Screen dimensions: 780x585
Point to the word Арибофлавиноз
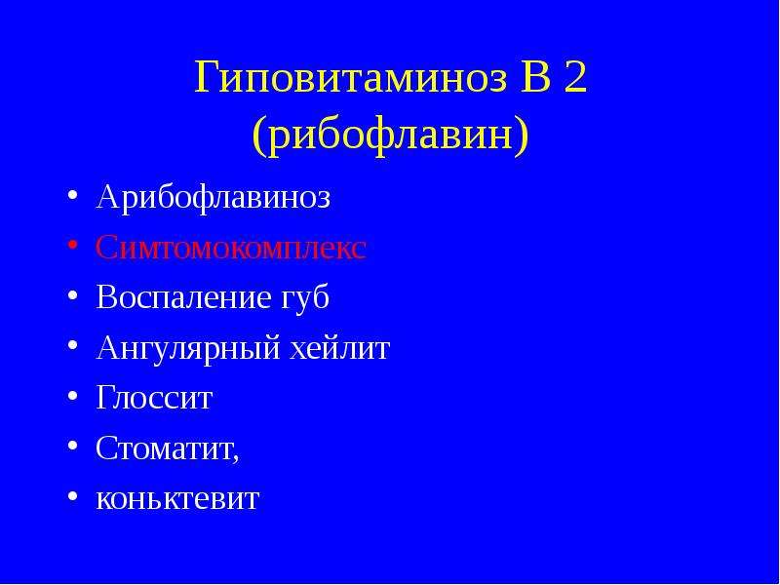point(214,198)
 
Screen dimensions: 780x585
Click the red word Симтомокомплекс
point(231,248)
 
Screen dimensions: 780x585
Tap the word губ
point(301,298)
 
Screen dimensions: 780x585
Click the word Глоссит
point(154,398)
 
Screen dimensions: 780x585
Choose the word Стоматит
point(164,448)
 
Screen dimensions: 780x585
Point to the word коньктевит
point(177,498)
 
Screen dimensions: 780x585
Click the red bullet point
point(72,246)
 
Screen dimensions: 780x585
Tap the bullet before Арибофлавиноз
point(72,196)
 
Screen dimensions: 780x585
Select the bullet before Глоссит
point(72,396)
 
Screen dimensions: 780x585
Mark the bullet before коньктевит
point(72,496)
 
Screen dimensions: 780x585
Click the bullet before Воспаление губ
point(72,295)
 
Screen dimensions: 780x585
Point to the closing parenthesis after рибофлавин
point(521,136)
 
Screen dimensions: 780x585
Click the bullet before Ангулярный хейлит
point(72,345)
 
